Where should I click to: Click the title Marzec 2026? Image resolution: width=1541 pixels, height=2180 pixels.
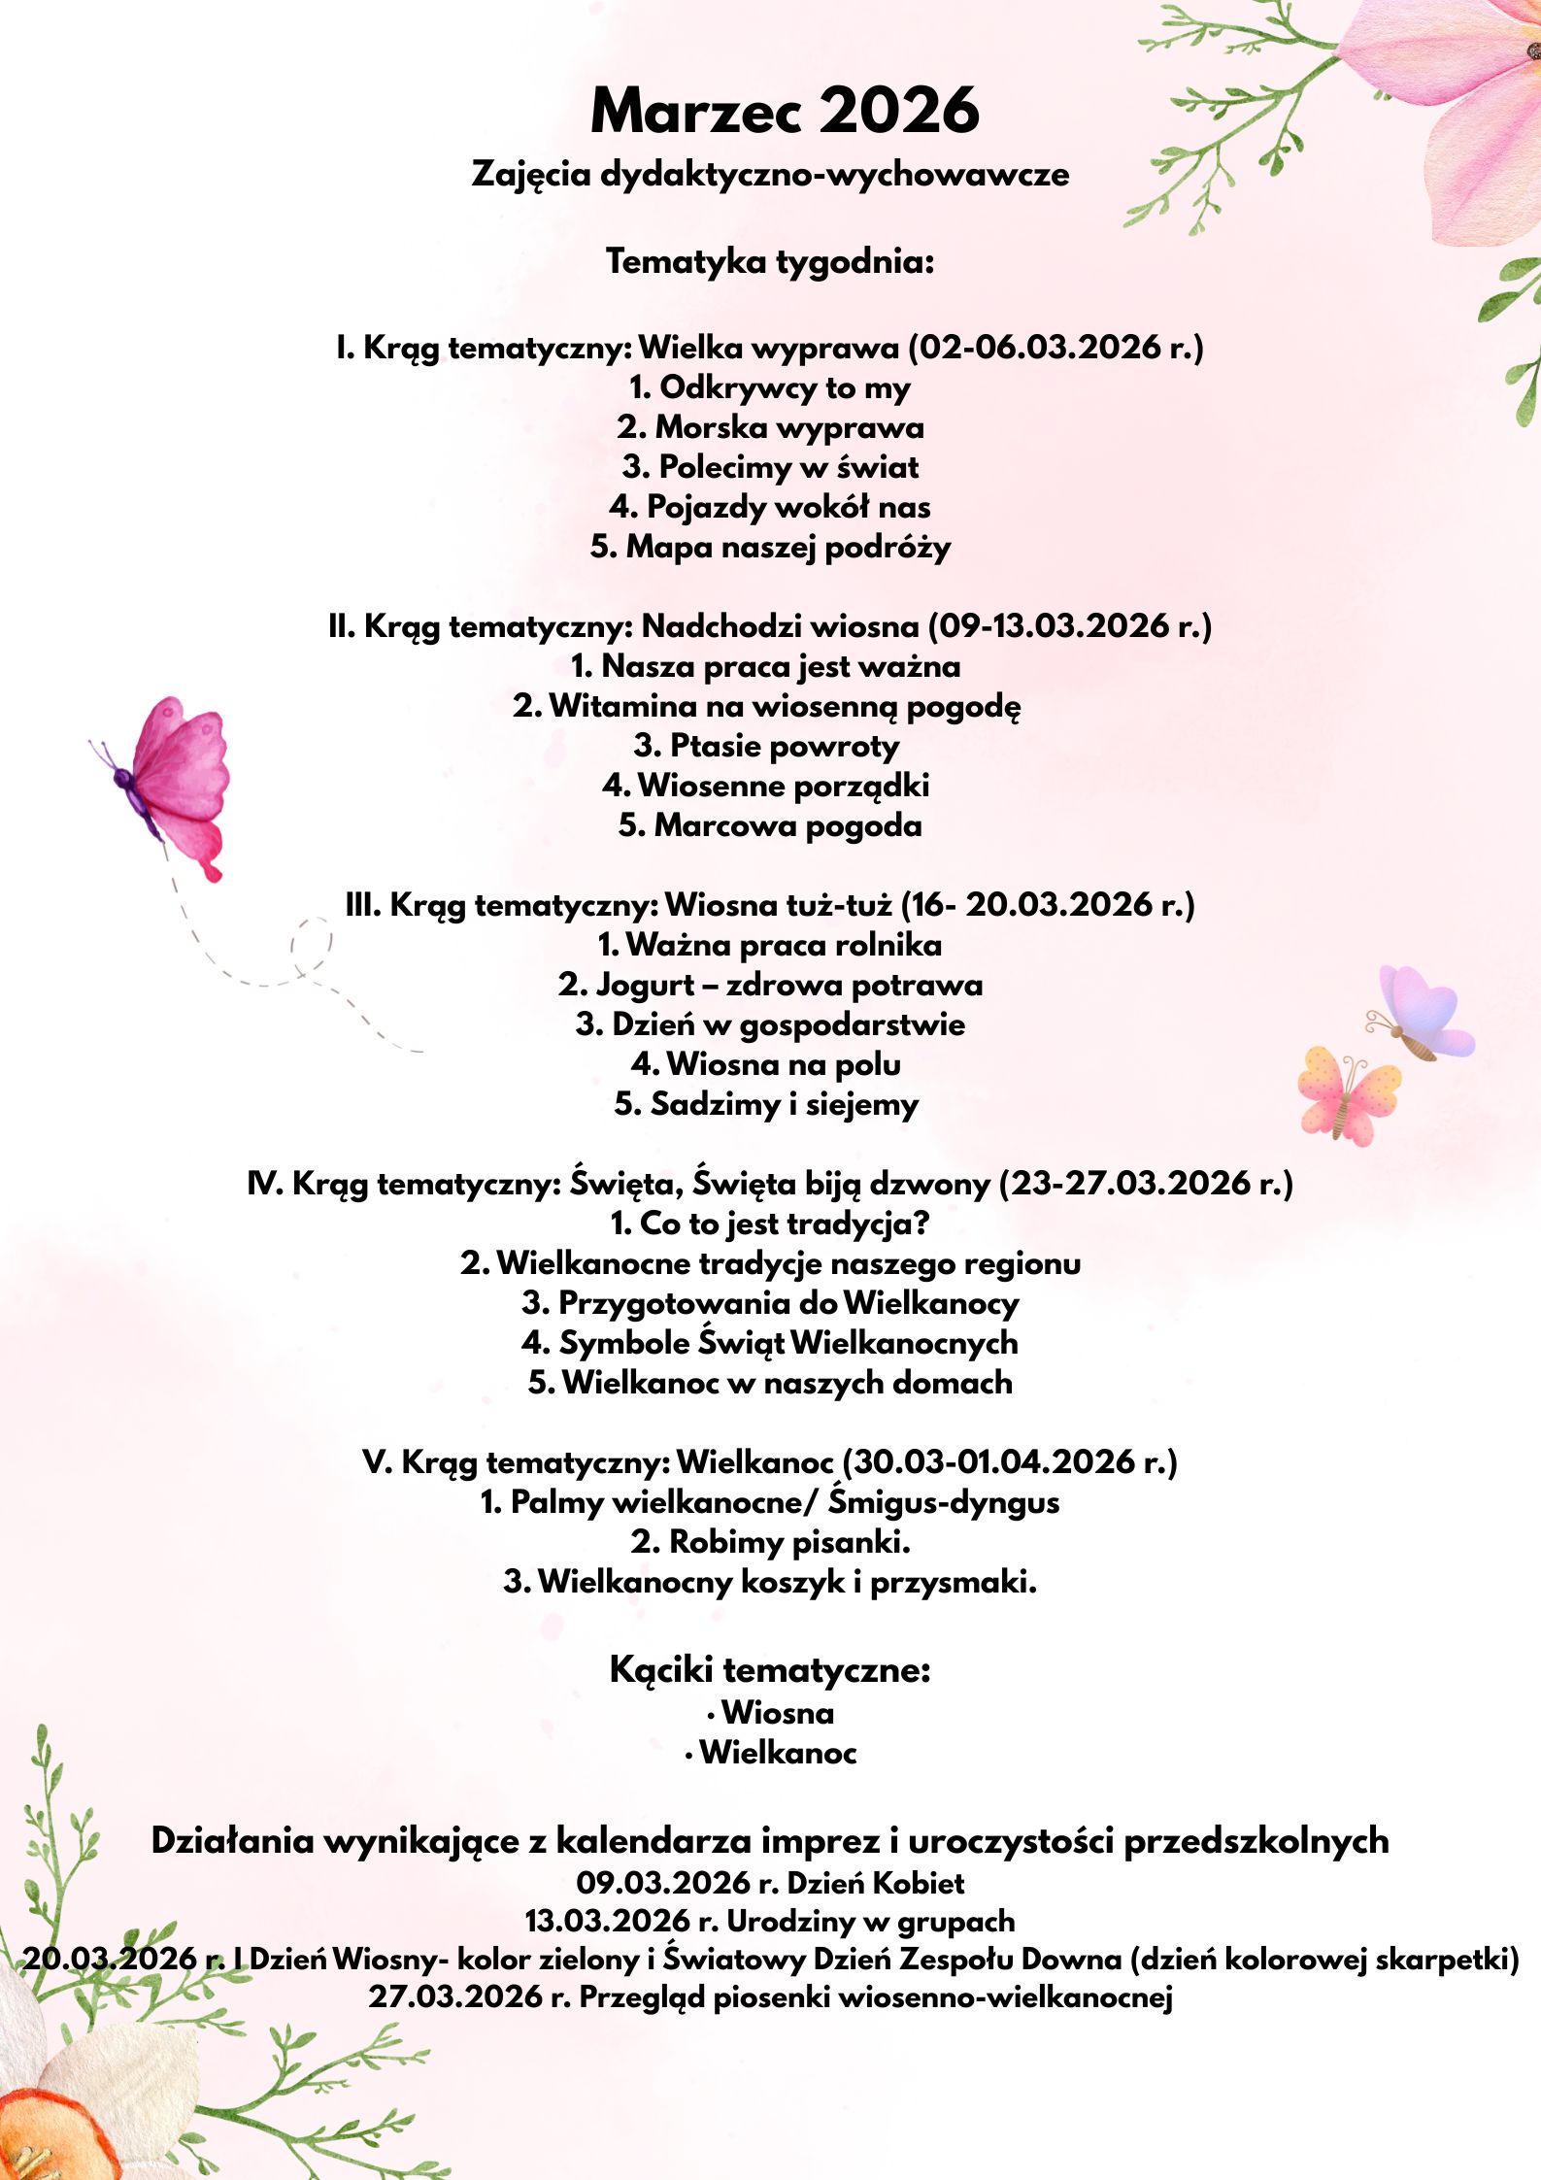pyautogui.click(x=785, y=111)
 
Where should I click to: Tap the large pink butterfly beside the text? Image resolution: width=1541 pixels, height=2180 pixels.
pyautogui.click(x=175, y=783)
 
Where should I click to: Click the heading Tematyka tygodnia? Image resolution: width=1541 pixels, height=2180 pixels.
pyautogui.click(x=770, y=261)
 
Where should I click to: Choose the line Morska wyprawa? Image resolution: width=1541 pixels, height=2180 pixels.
pyautogui.click(x=770, y=427)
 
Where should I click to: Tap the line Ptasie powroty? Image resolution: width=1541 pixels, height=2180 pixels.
pyautogui.click(x=766, y=746)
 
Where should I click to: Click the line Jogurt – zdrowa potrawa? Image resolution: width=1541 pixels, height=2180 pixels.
pyautogui.click(x=770, y=985)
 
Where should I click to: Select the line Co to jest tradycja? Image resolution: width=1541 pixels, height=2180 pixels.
pyautogui.click(x=770, y=1224)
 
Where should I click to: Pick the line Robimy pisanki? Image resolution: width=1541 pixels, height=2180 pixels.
pyautogui.click(x=770, y=1542)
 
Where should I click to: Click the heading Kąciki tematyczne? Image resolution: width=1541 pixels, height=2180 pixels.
pyautogui.click(x=770, y=1670)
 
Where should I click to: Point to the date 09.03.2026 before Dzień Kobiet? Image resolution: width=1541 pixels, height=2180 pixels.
pyautogui.click(x=664, y=1883)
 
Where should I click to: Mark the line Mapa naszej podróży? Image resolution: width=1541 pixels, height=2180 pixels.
pyautogui.click(x=770, y=547)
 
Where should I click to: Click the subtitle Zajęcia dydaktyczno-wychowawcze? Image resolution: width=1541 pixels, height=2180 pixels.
pyautogui.click(x=770, y=174)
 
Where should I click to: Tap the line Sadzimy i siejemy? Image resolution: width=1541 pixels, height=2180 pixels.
pyautogui.click(x=766, y=1104)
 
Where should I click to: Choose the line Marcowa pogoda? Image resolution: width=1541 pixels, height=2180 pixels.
pyautogui.click(x=770, y=825)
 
